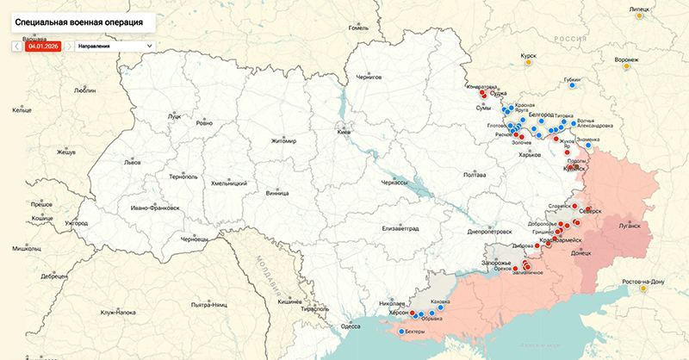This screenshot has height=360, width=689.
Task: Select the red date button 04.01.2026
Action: (x=41, y=45)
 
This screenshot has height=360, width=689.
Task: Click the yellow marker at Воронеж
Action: (x=626, y=67)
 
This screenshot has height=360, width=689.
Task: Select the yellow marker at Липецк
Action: (x=636, y=16)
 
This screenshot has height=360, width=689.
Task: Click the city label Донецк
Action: (x=581, y=253)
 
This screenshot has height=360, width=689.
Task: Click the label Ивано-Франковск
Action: (x=155, y=208)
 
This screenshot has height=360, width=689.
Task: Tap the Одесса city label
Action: (x=351, y=326)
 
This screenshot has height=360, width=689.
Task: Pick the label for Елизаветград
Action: (x=399, y=229)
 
